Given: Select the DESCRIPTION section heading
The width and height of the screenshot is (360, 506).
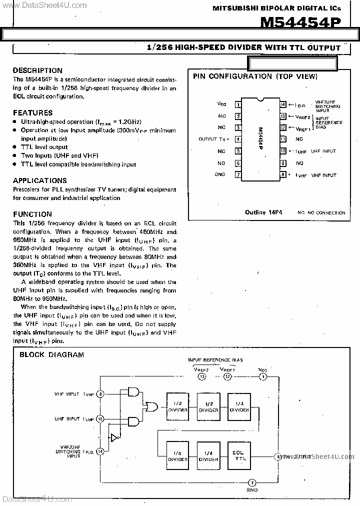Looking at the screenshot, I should tap(37, 70).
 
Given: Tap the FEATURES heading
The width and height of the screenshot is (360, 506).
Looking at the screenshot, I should tap(32, 113).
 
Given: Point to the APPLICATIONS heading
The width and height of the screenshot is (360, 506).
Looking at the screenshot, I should tap(39, 180).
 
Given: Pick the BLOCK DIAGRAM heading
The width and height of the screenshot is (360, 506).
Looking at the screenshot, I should tap(51, 355).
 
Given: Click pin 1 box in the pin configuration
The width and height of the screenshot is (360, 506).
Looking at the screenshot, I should tap(238, 104).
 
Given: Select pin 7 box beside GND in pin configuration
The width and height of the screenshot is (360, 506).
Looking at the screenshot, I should tap(238, 174).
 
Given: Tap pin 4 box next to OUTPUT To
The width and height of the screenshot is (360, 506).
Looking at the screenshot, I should tap(238, 139).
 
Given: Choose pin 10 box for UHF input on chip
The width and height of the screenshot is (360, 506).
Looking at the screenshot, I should tap(282, 151).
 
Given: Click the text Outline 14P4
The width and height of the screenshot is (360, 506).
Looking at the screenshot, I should tap(263, 212).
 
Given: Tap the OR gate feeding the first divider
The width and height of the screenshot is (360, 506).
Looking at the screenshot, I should tap(149, 406).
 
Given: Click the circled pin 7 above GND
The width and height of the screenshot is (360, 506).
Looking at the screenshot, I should tap(252, 482).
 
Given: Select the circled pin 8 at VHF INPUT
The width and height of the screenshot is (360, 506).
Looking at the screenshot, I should tap(100, 394).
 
